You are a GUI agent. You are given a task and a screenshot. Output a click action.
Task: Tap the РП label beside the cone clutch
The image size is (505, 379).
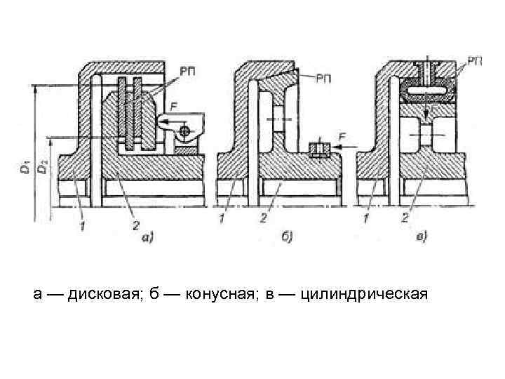click(324, 78)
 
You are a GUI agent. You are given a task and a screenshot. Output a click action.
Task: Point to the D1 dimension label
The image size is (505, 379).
click(25, 169)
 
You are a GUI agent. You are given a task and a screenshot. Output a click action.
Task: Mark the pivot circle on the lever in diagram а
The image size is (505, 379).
click(184, 131)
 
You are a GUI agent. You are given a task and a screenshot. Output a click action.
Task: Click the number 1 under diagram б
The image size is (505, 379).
click(223, 220)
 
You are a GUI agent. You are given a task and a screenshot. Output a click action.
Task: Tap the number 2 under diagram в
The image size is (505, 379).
click(405, 218)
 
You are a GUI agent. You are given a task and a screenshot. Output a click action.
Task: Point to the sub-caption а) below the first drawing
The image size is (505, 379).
click(148, 239)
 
